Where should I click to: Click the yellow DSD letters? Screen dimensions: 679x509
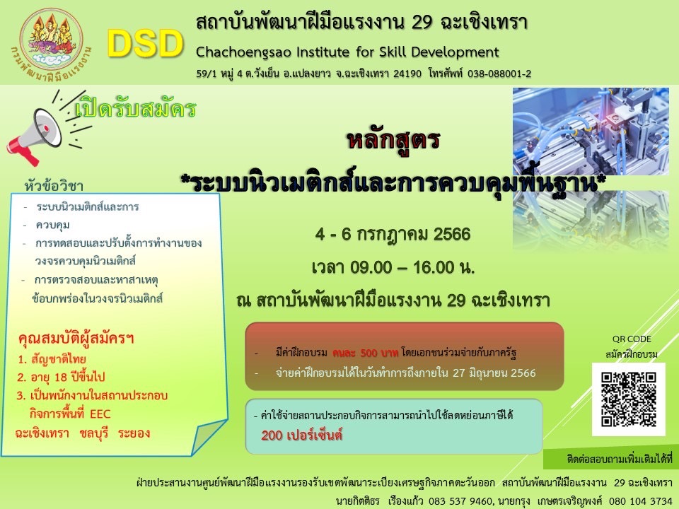146,44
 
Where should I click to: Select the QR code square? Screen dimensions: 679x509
628,399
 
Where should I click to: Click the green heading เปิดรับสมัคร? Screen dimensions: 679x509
136,108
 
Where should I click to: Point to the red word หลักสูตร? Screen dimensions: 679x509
393,140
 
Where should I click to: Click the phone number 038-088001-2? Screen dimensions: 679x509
499,74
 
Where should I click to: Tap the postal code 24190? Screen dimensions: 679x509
407,74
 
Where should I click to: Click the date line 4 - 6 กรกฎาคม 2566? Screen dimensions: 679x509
393,235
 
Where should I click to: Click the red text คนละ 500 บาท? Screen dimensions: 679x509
365,353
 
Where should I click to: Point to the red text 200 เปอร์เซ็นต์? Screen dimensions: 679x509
301,435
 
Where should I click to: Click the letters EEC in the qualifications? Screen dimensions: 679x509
100,414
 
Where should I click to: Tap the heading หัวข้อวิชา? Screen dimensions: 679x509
54,186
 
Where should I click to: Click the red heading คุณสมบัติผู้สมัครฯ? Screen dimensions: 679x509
76,339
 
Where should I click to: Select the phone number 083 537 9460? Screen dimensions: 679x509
460,501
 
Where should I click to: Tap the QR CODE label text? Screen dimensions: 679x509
632,339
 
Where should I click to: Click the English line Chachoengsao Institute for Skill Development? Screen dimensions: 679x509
347,52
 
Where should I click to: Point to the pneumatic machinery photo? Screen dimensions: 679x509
591,132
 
